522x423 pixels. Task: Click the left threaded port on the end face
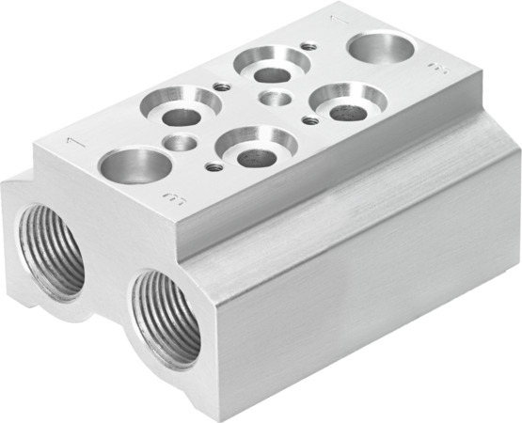[x=53, y=248]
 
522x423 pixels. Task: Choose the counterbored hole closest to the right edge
[x=348, y=103]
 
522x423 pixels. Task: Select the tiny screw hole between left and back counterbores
[x=222, y=87]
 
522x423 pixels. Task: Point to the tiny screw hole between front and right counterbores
[x=308, y=119]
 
